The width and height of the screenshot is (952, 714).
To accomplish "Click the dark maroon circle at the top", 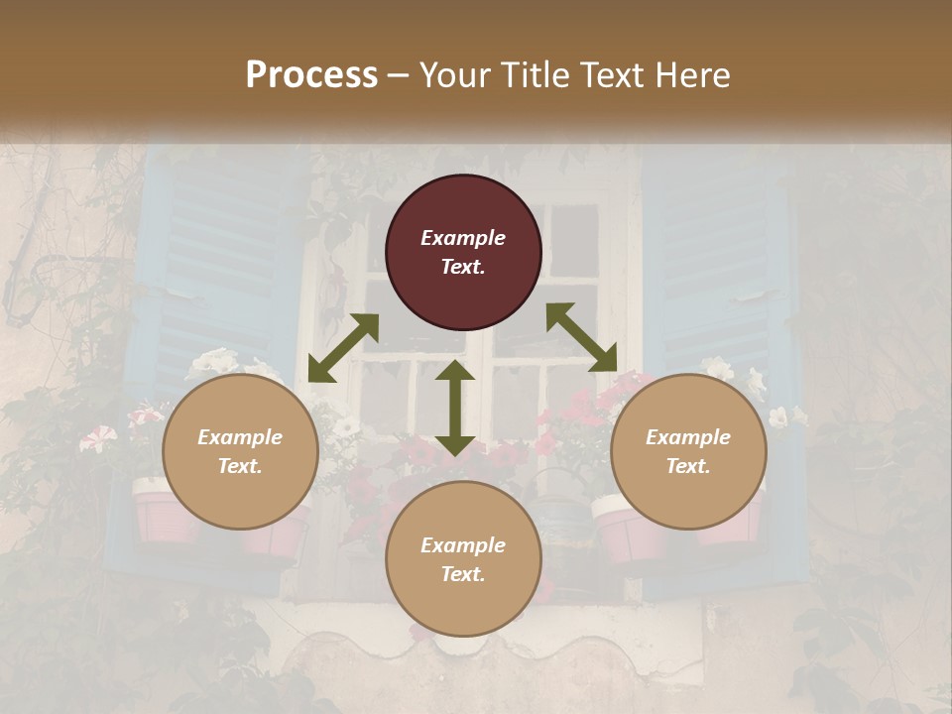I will (x=463, y=253).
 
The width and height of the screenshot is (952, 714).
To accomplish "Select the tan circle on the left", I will (x=240, y=452).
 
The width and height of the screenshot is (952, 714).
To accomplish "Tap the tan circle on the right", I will (x=688, y=452).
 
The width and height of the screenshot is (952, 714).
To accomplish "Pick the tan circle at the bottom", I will (x=463, y=559).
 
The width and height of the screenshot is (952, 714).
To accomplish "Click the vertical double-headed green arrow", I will (x=455, y=408).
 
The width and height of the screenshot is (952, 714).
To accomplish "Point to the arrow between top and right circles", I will (x=581, y=337).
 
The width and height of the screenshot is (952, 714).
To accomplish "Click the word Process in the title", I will (x=311, y=75).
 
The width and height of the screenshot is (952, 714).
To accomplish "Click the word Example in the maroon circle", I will (x=463, y=238).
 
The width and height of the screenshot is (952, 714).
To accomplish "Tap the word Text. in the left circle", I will (x=240, y=466).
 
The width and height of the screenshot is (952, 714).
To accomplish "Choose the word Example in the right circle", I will (x=688, y=437).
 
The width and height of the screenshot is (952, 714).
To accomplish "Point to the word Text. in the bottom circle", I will (x=463, y=574).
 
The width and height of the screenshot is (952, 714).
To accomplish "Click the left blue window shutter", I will (x=213, y=268).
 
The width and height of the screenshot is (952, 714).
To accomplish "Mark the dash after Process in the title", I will (x=399, y=75).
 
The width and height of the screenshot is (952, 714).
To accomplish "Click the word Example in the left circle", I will (x=240, y=437).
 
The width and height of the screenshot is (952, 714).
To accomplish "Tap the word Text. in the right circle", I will (x=688, y=466).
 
